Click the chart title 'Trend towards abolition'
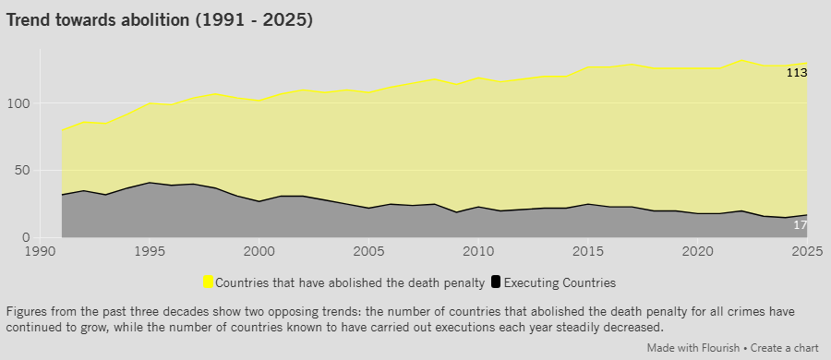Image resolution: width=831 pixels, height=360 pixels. [98, 20]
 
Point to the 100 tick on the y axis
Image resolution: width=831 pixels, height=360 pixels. [18, 103]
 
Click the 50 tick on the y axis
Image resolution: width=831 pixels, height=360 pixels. [22, 171]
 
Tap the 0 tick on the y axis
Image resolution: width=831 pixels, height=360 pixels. [27, 238]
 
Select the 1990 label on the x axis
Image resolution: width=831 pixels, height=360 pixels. [40, 251]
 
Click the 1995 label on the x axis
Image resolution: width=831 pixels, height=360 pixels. [150, 251]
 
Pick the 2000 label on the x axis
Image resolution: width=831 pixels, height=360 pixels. [259, 251]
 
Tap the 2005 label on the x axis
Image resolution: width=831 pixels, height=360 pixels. [368, 251]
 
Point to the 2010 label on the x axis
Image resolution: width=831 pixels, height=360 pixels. [478, 251]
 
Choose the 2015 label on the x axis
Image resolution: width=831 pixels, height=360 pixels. [588, 251]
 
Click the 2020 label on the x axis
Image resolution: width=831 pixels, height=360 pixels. [697, 251]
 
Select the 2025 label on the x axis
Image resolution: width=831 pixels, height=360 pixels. [808, 251]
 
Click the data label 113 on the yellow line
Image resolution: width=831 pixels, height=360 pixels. [797, 73]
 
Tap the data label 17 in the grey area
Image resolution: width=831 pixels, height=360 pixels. [801, 225]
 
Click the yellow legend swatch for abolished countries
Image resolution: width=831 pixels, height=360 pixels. [209, 282]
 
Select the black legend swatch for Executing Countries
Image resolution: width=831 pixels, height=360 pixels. [496, 282]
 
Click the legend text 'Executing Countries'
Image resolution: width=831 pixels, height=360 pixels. [560, 282]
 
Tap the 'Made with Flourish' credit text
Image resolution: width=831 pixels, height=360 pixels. [692, 348]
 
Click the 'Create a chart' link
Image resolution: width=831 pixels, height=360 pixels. [784, 348]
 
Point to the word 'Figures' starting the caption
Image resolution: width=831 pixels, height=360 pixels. [24, 311]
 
